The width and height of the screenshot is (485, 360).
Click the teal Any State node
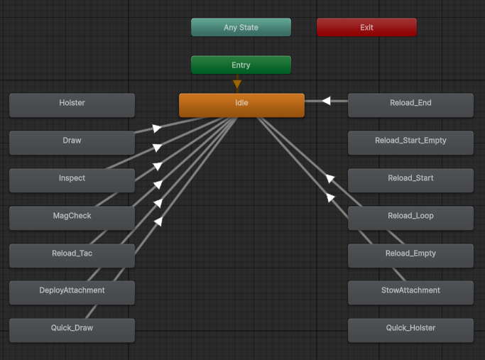pyautogui.click(x=241, y=27)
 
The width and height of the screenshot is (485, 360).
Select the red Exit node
pyautogui.click(x=366, y=27)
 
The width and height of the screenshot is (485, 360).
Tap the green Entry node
pyautogui.click(x=241, y=65)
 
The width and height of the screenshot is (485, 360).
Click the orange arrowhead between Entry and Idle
pyautogui.click(x=237, y=84)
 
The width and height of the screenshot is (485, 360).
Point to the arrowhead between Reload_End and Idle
pyautogui.click(x=327, y=101)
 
